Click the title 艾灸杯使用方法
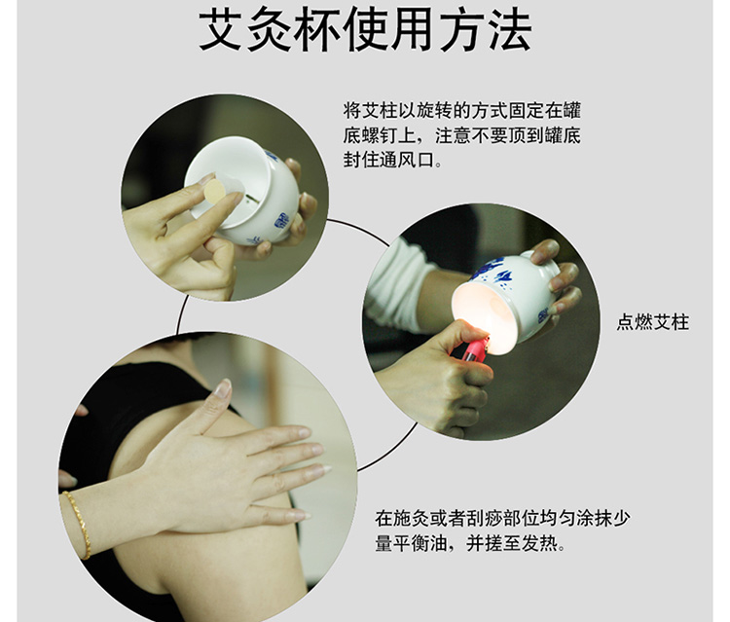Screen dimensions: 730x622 (365, 30)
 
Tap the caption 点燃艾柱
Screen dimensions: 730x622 (653, 322)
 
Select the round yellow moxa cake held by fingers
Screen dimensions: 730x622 (215, 191)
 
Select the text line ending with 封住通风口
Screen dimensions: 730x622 (392, 161)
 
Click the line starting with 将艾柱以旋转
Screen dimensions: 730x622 (461, 111)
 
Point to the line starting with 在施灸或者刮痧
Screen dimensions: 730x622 (503, 518)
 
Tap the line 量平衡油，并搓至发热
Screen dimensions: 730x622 (470, 543)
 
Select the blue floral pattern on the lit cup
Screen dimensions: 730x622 (494, 274)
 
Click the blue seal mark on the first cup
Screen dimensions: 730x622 (282, 220)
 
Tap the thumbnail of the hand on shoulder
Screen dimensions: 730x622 (207, 476)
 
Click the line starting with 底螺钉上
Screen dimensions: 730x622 (461, 135)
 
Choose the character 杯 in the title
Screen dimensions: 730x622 (316, 30)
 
